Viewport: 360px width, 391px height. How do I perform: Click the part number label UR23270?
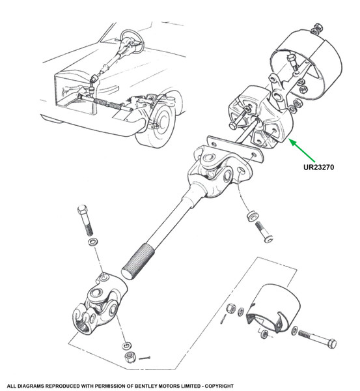click(318, 167)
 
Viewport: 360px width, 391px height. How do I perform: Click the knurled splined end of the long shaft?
click(138, 263)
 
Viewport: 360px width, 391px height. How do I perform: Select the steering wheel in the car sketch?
click(132, 41)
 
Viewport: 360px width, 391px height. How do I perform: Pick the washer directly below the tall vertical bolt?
click(92, 241)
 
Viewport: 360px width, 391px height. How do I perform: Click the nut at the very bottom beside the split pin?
click(130, 357)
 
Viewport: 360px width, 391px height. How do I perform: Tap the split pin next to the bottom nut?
click(145, 358)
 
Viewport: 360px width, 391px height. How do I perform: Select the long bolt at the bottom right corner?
click(317, 338)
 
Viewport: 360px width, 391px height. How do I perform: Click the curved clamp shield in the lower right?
click(273, 308)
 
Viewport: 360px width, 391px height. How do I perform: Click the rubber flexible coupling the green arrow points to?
click(260, 117)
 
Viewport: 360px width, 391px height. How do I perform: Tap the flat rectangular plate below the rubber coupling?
click(235, 149)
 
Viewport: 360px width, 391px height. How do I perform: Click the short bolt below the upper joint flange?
click(264, 231)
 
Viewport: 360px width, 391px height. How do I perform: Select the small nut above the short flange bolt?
click(253, 216)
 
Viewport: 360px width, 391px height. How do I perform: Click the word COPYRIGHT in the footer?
click(219, 386)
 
